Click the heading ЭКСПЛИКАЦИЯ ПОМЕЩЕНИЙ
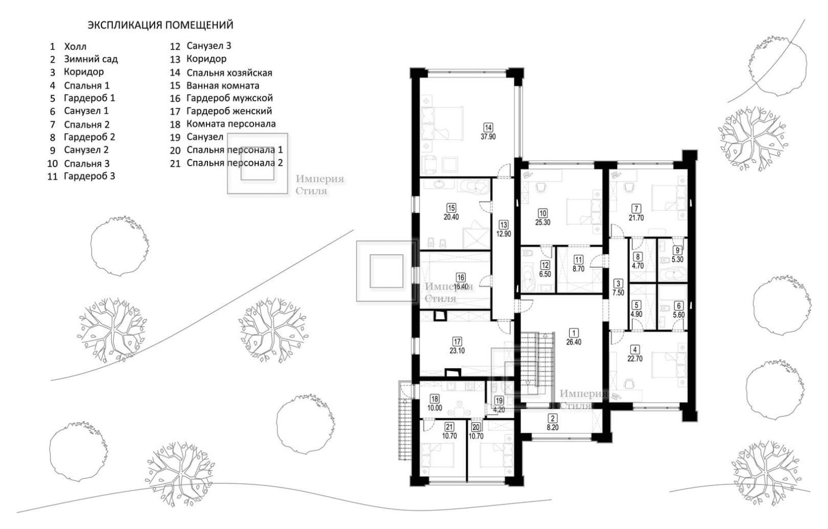tap(160, 25)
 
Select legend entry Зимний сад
tap(91, 59)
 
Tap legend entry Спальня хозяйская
tap(229, 73)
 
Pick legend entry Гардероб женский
tap(229, 111)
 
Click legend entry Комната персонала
tap(231, 124)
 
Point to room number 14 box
tap(488, 127)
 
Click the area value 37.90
tap(488, 137)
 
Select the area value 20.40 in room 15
tap(451, 217)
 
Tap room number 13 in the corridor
tap(504, 225)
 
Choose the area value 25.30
tap(543, 223)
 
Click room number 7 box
tap(636, 209)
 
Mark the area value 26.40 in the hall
tap(574, 342)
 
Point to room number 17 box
tap(457, 342)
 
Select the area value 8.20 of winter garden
tap(553, 428)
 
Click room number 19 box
tap(499, 401)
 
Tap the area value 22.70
tap(635, 359)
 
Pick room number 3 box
tap(618, 284)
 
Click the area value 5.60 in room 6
tap(678, 315)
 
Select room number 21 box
tap(449, 428)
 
